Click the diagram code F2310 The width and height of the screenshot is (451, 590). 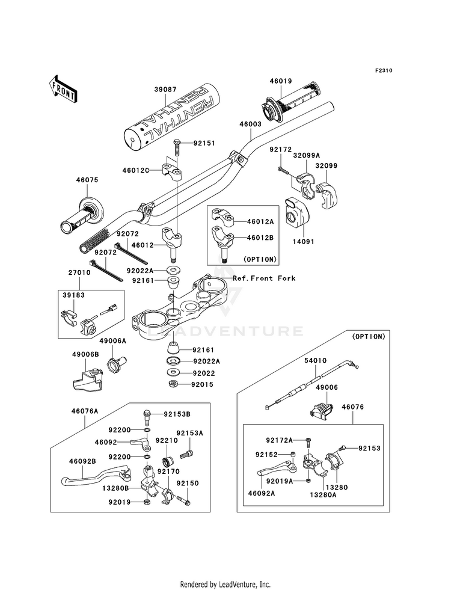coord(384,71)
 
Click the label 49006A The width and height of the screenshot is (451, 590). coord(112,341)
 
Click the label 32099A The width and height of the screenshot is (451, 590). coord(306,155)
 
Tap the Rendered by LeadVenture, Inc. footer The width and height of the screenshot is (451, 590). coord(226,584)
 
